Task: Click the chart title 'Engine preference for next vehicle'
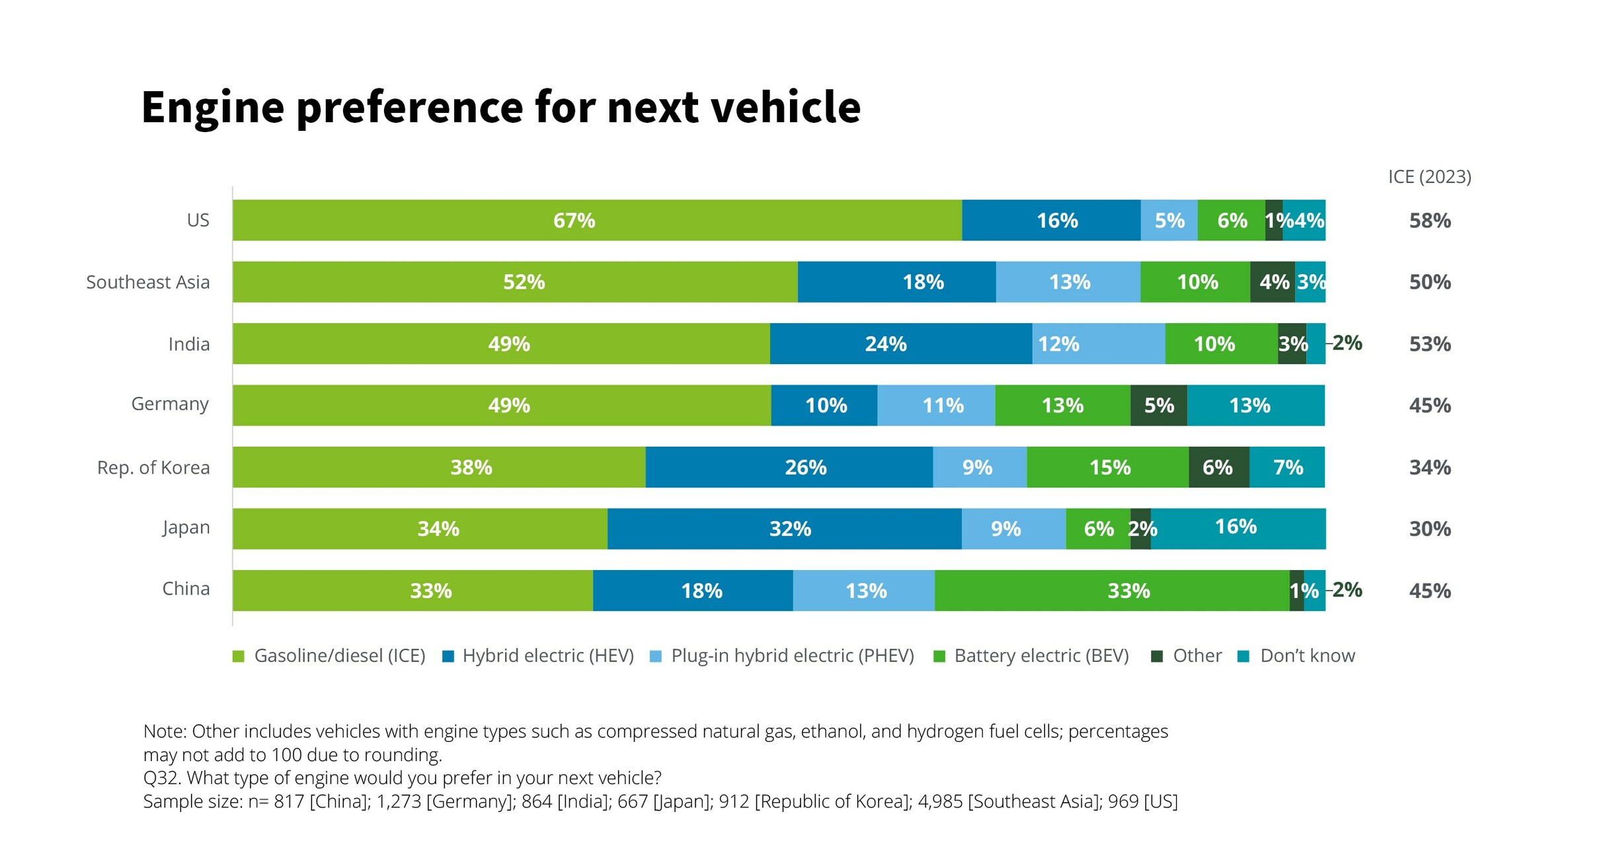500,107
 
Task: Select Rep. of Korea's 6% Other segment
1218,467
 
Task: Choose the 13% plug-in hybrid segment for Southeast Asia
1068,282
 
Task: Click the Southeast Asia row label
147,282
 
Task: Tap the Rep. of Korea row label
153,467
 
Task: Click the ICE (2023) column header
1429,177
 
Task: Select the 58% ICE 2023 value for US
1429,221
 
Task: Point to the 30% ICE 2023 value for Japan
1429,529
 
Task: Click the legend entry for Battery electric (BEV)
1041,655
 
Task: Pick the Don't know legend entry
1306,655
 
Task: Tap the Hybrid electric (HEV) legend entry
547,655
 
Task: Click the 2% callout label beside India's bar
1347,343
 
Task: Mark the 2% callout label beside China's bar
1347,589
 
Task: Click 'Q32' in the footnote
159,778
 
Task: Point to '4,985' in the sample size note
939,801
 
